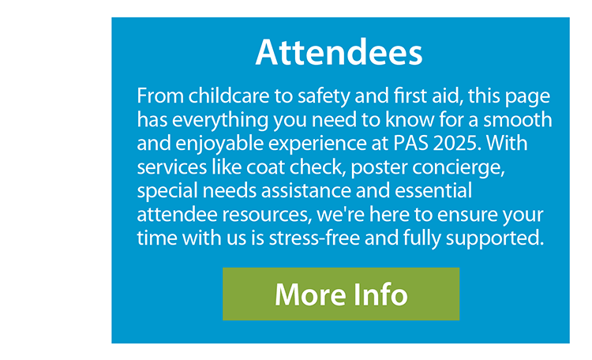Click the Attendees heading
[339, 52]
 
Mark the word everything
[220, 121]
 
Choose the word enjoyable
[219, 144]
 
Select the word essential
[433, 190]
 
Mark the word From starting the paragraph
[160, 96]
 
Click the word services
[172, 167]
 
